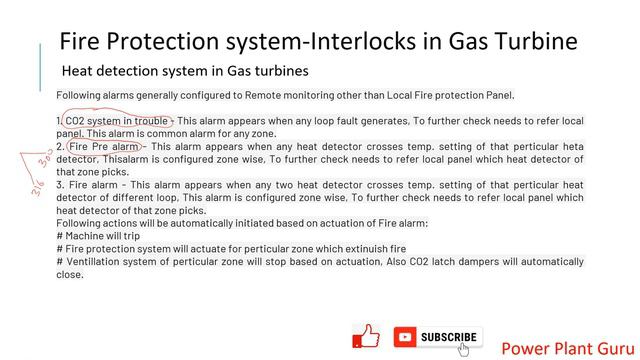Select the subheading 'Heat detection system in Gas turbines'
click(x=185, y=72)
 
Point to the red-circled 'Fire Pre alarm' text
click(x=105, y=147)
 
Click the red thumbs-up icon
click(x=367, y=337)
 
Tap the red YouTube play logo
click(x=405, y=337)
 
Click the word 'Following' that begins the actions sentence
click(x=84, y=223)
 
